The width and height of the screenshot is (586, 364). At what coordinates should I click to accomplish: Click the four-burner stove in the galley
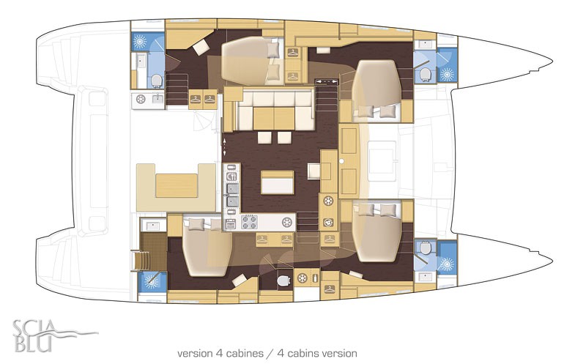click(x=249, y=222)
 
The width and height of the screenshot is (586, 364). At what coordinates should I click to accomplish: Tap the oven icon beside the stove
click(x=231, y=224)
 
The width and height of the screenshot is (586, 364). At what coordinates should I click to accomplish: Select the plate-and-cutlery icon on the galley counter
click(x=231, y=176)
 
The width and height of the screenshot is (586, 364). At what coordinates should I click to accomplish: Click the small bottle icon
click(x=315, y=278)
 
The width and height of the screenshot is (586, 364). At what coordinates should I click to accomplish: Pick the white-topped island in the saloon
click(x=278, y=182)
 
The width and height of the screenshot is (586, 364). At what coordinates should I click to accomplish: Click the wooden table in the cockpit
click(x=177, y=185)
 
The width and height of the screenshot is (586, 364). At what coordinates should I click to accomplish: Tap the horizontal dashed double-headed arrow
click(x=324, y=81)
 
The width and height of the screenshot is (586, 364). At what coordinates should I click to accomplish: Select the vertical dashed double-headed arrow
click(x=224, y=146)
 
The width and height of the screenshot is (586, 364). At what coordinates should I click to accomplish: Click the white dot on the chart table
click(x=341, y=161)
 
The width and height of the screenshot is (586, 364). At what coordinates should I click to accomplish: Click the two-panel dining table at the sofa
click(x=273, y=119)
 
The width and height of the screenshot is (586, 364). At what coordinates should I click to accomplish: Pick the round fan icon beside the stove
click(x=286, y=222)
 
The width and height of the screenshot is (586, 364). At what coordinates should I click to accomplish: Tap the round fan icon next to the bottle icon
click(x=302, y=278)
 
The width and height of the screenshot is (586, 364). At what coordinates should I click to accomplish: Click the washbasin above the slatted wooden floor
click(x=152, y=226)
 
